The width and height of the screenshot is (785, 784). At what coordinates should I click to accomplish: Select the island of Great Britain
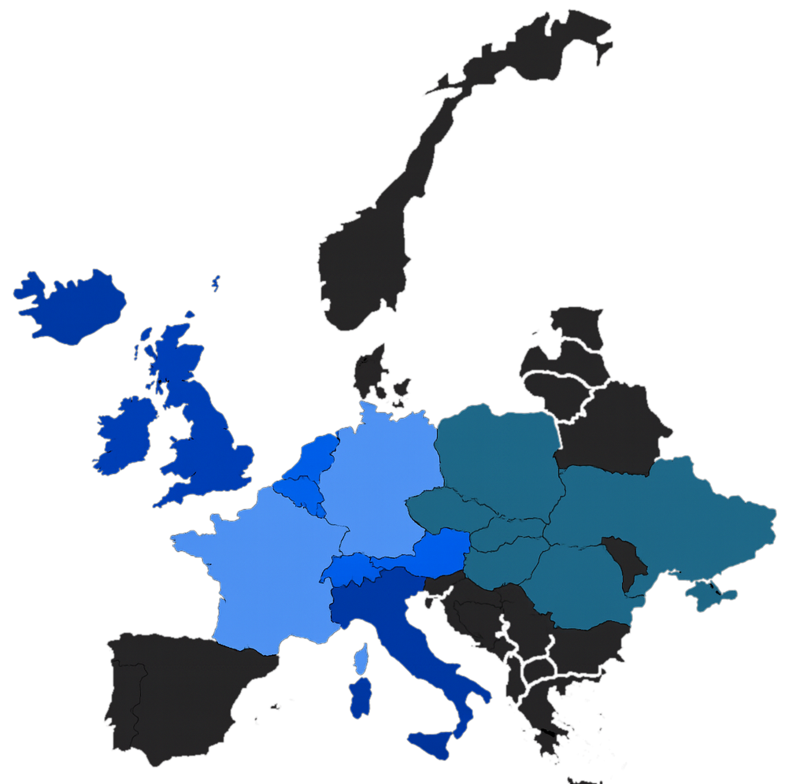(205, 441)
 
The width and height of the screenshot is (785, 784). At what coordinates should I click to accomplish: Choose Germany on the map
(378, 480)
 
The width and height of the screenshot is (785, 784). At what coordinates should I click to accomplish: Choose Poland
(496, 457)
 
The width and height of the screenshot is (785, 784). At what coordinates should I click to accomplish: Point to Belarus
(614, 429)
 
